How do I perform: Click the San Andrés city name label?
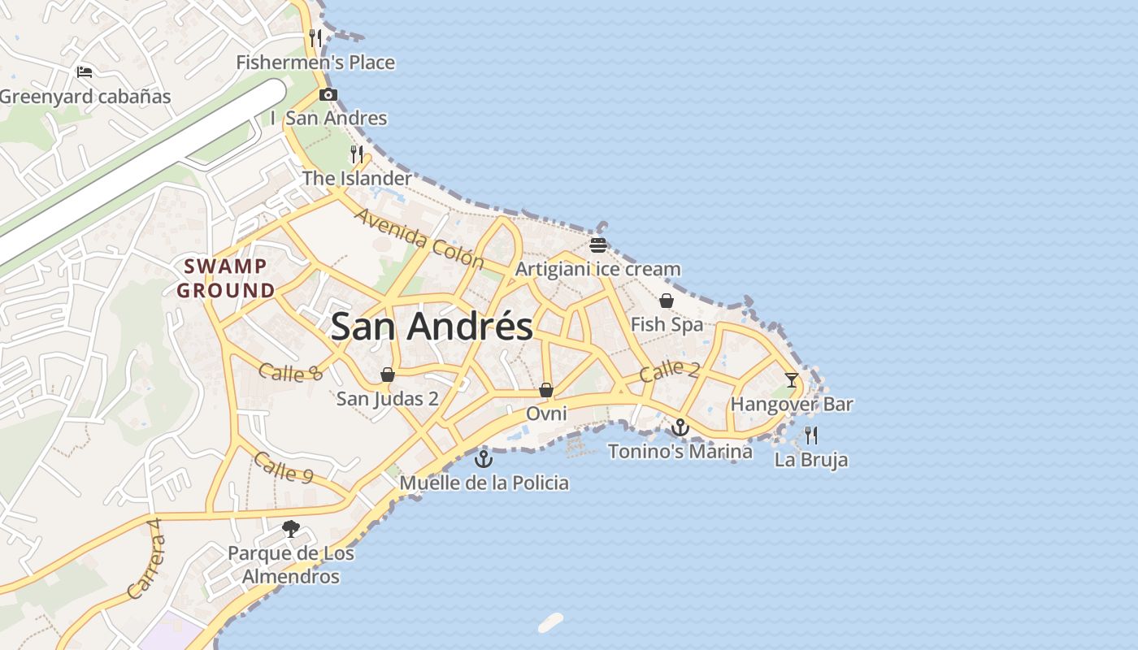pos(432,327)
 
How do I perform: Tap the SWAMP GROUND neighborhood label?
pos(225,278)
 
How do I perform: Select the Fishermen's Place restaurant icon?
pos(315,37)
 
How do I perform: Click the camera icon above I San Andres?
pos(328,94)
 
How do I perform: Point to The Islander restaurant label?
pos(357,178)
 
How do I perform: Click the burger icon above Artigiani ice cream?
pos(598,245)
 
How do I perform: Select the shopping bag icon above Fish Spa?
pos(667,301)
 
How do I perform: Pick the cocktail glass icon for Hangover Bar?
pos(791,379)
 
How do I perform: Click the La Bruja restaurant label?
pos(810,460)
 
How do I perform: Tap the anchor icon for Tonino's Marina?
pos(680,427)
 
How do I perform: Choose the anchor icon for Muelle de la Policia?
pos(484,459)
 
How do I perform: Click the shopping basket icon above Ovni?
pos(546,390)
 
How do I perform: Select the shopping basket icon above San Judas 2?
pos(388,375)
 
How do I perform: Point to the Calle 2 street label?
pos(669,370)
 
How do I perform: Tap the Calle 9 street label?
pos(283,467)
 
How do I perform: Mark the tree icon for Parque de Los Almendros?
pos(290,530)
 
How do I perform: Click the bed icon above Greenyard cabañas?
pos(85,71)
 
